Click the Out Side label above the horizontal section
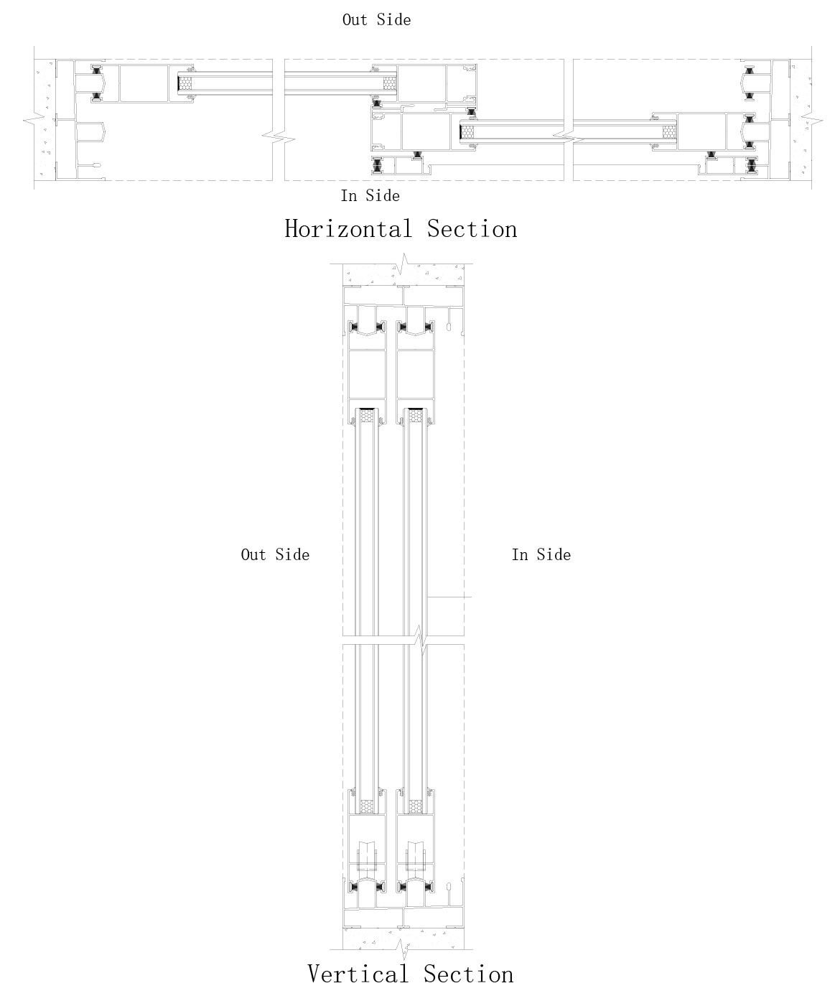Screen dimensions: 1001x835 click(x=376, y=20)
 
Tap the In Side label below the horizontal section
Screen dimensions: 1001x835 click(x=370, y=195)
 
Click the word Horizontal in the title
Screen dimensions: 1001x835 click(x=348, y=229)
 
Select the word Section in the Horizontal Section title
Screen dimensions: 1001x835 click(x=472, y=229)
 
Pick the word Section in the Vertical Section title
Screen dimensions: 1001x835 click(x=468, y=974)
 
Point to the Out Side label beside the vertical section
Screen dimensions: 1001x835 click(x=275, y=554)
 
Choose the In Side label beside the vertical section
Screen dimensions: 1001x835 click(x=541, y=554)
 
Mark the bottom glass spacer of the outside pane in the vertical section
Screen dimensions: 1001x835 click(x=368, y=807)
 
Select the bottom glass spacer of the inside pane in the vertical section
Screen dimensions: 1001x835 click(x=415, y=807)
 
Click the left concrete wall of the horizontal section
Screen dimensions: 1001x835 click(x=45, y=118)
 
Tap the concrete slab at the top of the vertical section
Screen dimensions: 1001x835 click(x=373, y=274)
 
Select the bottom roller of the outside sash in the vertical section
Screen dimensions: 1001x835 click(x=368, y=857)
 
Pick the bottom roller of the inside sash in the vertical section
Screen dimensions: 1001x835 click(x=415, y=857)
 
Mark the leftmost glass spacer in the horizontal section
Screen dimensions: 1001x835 click(x=186, y=83)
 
